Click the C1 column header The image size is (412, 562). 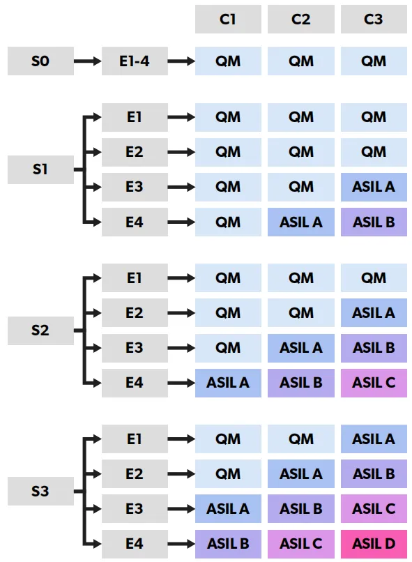(228, 20)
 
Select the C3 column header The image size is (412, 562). (374, 20)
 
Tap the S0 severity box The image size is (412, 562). (41, 61)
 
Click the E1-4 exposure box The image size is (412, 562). (135, 61)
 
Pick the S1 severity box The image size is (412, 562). (41, 169)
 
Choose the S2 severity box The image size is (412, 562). (41, 331)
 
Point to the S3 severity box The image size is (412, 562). (41, 491)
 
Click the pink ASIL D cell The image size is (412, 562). (374, 544)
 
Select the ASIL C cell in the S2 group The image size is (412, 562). (374, 383)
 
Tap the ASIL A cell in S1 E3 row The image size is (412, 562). (374, 187)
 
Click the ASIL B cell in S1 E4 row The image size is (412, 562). (374, 222)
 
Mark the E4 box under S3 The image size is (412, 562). (135, 544)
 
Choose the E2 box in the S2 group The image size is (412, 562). (135, 313)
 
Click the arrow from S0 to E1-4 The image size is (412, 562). (88, 61)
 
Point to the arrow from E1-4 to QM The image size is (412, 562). (182, 61)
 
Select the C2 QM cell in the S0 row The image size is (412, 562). (301, 61)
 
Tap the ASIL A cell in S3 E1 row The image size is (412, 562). (374, 439)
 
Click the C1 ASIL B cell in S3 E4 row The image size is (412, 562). (228, 544)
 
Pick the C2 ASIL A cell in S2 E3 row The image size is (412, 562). (301, 348)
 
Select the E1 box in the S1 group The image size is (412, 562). (135, 117)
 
